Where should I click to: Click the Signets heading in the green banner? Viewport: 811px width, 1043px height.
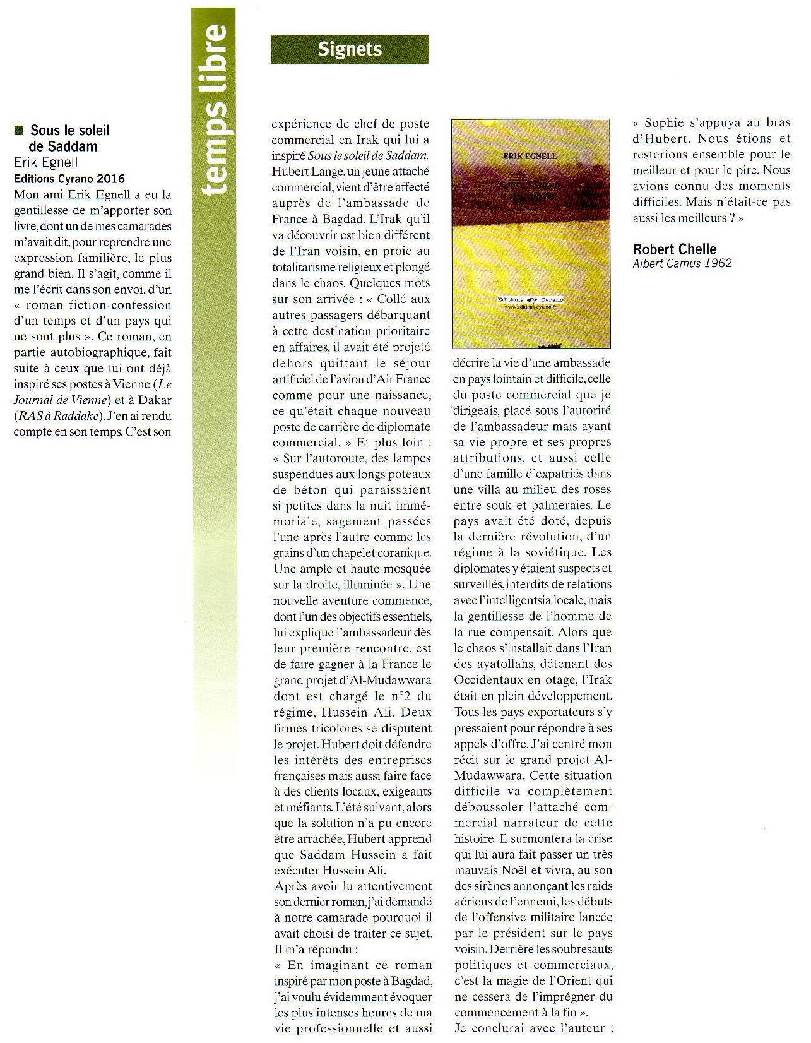(350, 49)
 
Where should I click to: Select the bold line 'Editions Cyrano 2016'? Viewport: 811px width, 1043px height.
(69, 179)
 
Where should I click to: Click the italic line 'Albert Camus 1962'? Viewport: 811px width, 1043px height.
(682, 264)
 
